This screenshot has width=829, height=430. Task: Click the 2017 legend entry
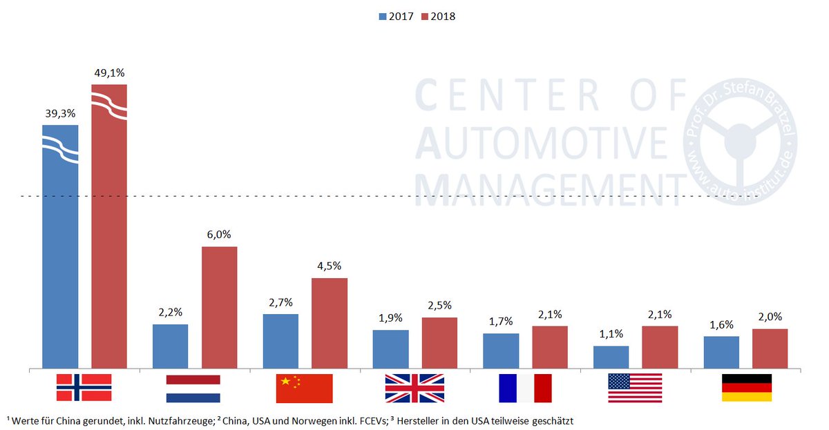tap(395, 16)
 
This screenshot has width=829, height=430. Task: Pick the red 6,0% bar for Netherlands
tap(219, 307)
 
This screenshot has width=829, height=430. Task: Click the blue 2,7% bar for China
tap(280, 341)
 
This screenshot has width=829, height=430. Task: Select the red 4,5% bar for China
tap(330, 323)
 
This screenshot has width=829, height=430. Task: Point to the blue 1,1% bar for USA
tap(611, 357)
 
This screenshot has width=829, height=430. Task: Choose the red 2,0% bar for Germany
tap(770, 349)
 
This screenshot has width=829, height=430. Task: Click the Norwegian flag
tap(84, 387)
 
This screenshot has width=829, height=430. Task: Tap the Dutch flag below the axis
tap(193, 389)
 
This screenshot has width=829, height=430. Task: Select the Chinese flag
tap(304, 389)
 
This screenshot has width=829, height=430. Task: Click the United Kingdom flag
tap(414, 388)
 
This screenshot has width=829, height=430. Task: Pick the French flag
tap(525, 388)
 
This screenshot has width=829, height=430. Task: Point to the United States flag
tap(635, 388)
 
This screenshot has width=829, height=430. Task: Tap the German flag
tap(746, 388)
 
